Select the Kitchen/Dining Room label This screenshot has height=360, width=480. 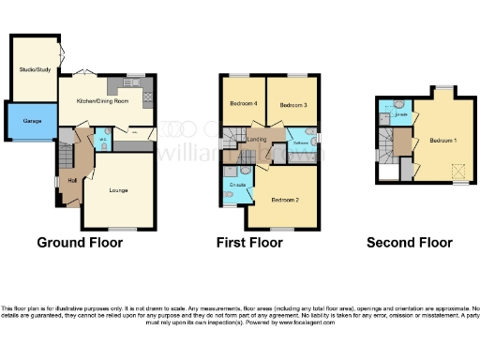[94, 98]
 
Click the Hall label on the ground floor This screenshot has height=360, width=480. [72, 181]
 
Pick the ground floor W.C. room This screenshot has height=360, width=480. [104, 142]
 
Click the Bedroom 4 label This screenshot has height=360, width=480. [243, 104]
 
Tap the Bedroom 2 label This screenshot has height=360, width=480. [285, 200]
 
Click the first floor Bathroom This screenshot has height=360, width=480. [302, 143]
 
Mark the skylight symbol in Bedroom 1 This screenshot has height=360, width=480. [459, 172]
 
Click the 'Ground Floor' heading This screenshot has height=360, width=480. [80, 243]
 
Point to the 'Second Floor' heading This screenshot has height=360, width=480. [409, 243]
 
